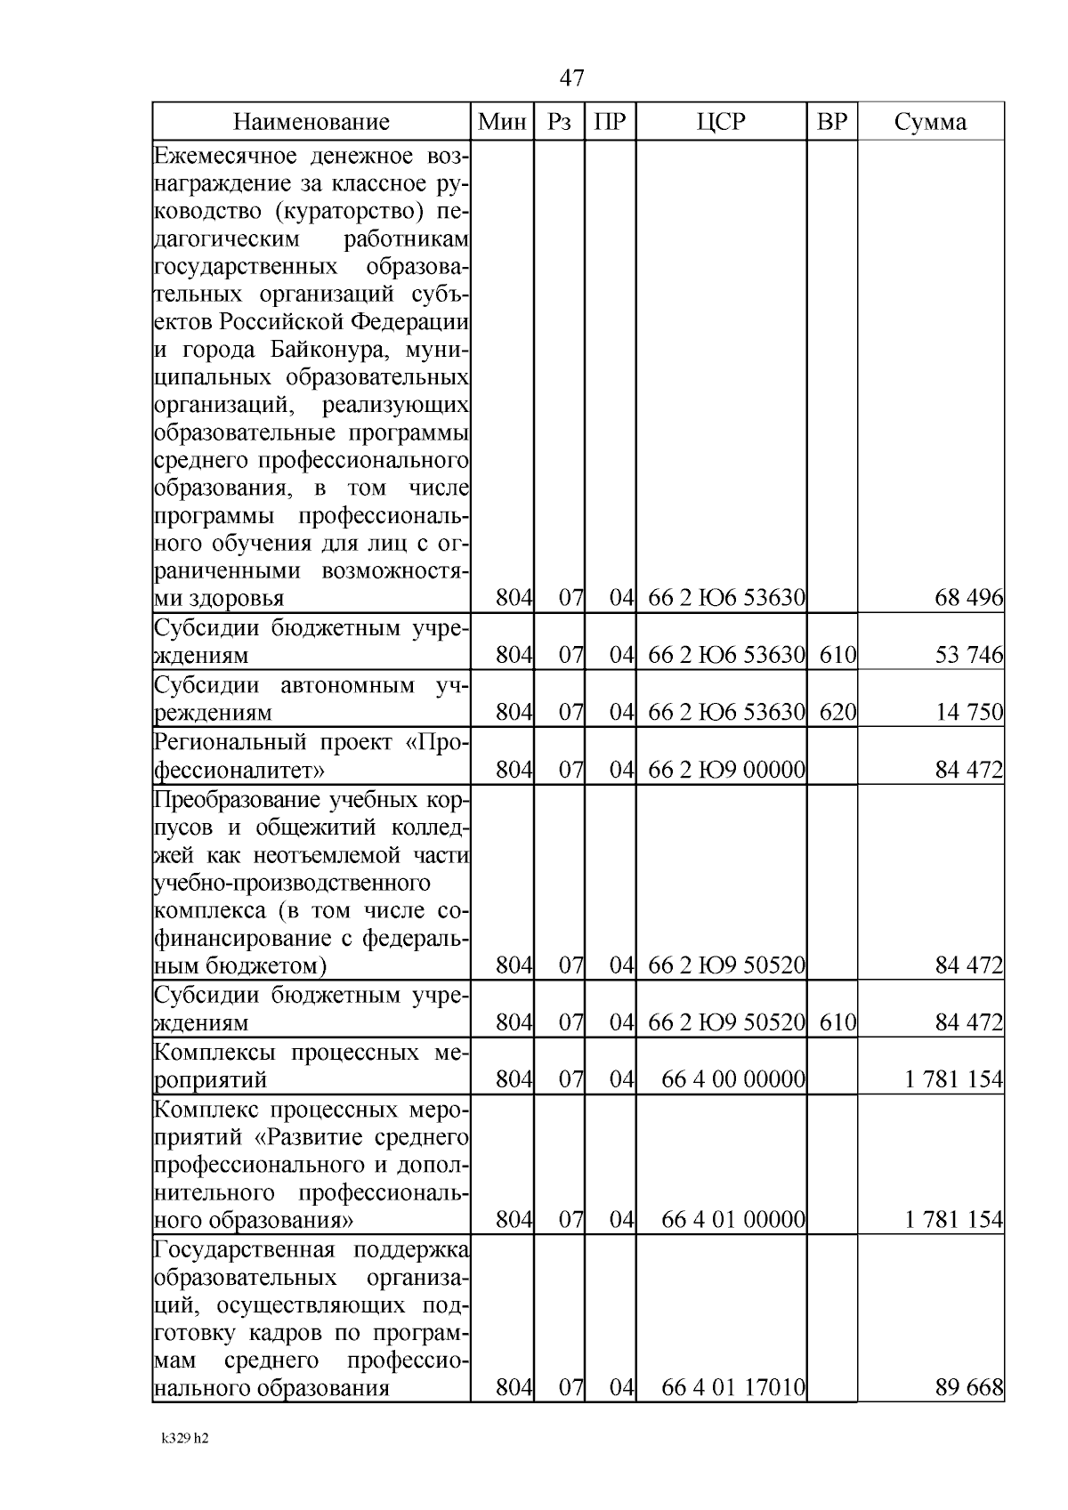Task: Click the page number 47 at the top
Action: (572, 78)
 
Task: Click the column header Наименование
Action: (311, 122)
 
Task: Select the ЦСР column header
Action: (721, 122)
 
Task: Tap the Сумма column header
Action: (930, 122)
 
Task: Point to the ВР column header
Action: (832, 122)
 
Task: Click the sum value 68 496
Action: (968, 599)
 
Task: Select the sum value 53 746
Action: (968, 656)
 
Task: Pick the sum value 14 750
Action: (968, 713)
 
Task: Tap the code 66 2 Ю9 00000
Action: (726, 770)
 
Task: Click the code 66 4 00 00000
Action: (733, 1079)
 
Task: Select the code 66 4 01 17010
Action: (733, 1387)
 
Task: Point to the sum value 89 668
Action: (968, 1387)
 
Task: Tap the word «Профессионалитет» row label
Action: (240, 770)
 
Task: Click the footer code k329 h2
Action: (185, 1439)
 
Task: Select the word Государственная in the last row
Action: (244, 1250)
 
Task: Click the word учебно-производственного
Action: (292, 884)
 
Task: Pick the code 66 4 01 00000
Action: (733, 1220)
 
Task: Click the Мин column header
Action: (501, 122)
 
